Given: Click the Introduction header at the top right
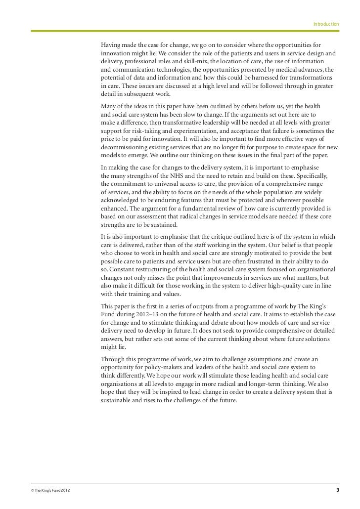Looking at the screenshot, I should pos(326,23).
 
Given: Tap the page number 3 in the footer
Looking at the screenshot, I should pos(338,490).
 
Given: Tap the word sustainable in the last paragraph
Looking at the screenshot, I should pos(117,401).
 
